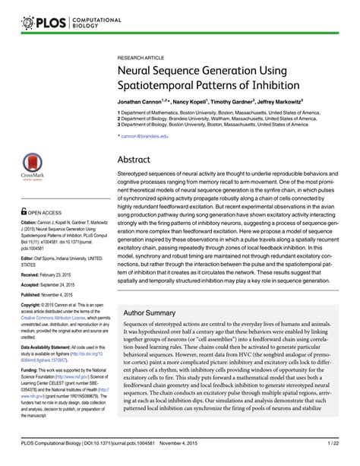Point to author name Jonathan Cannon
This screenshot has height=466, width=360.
(x=141, y=100)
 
